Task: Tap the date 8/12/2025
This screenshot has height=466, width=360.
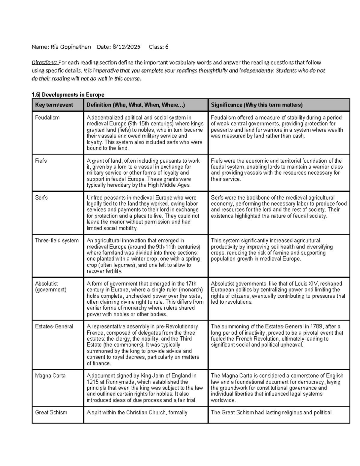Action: pyautogui.click(x=126, y=47)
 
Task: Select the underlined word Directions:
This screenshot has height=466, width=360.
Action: pyautogui.click(x=44, y=63)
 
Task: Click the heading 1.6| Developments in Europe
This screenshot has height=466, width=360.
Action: pyautogui.click(x=68, y=95)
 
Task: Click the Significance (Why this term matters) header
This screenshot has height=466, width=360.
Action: pyautogui.click(x=256, y=105)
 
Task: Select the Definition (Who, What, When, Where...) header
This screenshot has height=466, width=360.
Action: pyautogui.click(x=136, y=105)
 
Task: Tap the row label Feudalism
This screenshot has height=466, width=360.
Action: pyautogui.click(x=47, y=118)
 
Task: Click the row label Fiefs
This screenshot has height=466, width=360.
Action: pyautogui.click(x=41, y=161)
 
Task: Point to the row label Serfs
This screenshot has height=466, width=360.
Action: pyautogui.click(x=41, y=198)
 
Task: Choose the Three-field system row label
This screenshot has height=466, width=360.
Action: pyautogui.click(x=57, y=241)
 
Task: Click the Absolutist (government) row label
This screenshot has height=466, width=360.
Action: pyautogui.click(x=51, y=287)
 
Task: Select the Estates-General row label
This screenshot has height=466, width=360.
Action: pyautogui.click(x=54, y=326)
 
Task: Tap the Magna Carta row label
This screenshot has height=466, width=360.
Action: pyautogui.click(x=50, y=376)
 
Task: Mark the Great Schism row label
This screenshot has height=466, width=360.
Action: pyautogui.click(x=51, y=413)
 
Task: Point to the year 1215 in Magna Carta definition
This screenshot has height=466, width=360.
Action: pyautogui.click(x=92, y=382)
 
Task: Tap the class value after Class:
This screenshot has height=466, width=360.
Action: pyautogui.click(x=167, y=47)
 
